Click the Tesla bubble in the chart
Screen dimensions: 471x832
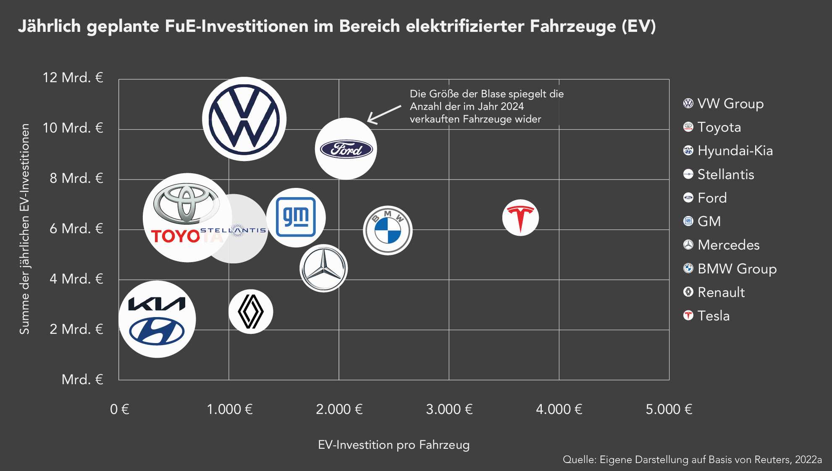tap(520, 218)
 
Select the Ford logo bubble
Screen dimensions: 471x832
tap(346, 149)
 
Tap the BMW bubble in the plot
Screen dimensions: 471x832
tap(388, 230)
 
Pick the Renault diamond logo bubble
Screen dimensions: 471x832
tap(251, 312)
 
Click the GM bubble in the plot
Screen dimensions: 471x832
tap(296, 217)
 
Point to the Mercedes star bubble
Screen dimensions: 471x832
tap(323, 268)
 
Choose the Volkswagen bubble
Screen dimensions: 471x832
tap(244, 119)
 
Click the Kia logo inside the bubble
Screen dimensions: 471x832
tap(157, 304)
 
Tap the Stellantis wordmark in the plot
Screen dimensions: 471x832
tap(234, 230)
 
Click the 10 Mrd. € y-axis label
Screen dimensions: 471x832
tap(73, 128)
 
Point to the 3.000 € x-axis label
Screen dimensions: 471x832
tap(449, 409)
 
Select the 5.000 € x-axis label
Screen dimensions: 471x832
tap(669, 409)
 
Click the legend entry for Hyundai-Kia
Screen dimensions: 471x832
tap(735, 151)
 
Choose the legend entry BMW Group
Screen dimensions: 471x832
tap(737, 268)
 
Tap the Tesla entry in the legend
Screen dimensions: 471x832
tap(713, 316)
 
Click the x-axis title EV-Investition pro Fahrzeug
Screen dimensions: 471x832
tap(394, 445)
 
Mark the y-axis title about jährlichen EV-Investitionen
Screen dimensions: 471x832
tap(24, 229)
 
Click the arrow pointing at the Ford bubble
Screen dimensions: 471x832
tap(384, 114)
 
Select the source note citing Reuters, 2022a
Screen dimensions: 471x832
tap(692, 460)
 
